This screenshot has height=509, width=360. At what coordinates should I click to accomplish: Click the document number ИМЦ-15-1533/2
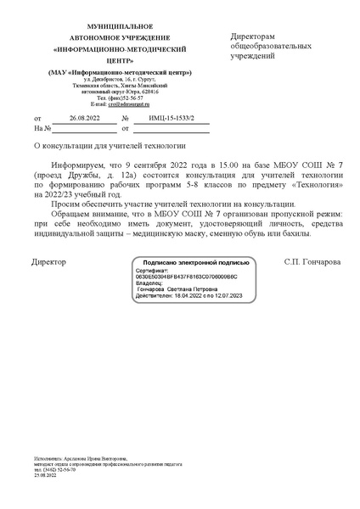click(x=166, y=118)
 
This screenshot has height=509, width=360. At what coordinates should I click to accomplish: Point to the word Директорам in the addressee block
click(x=253, y=37)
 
